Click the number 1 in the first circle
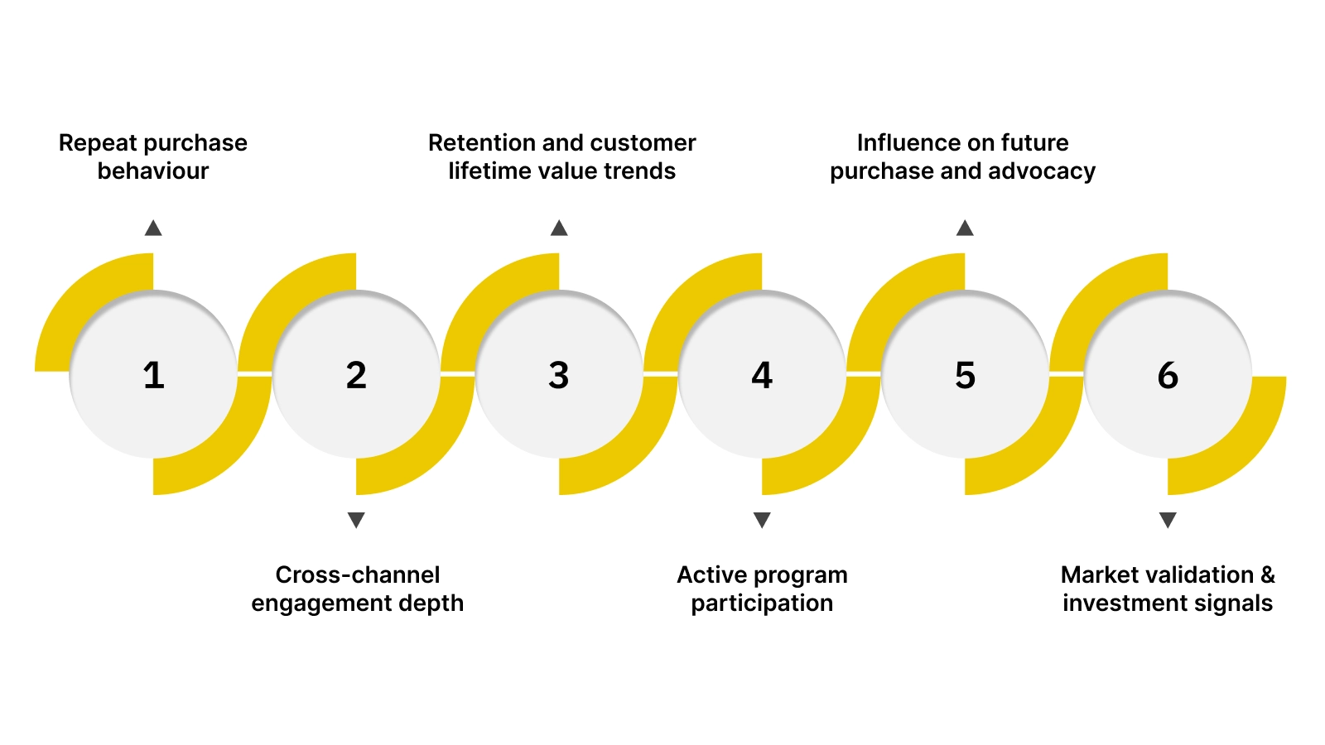click(x=153, y=375)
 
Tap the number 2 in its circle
click(x=356, y=375)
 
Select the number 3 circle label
click(x=559, y=375)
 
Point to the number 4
click(x=762, y=375)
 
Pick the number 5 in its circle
click(x=965, y=375)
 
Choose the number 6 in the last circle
click(x=1168, y=375)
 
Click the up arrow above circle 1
click(x=153, y=228)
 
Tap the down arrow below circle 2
click(x=356, y=520)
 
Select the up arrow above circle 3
click(x=559, y=228)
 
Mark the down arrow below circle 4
click(x=762, y=520)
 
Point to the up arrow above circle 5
click(x=965, y=228)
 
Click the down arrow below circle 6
click(x=1168, y=520)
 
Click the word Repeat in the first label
click(x=91, y=143)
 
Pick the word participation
click(x=762, y=603)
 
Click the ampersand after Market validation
click(x=1268, y=574)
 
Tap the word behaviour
click(x=153, y=171)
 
